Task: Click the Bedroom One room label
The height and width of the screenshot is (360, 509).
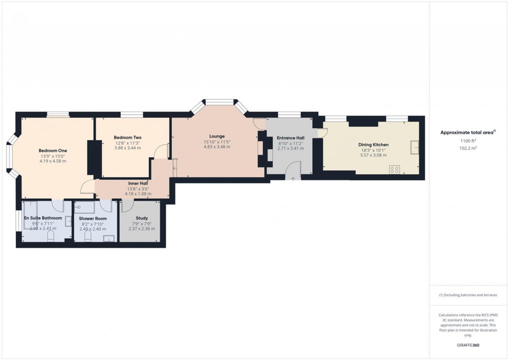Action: [53, 150]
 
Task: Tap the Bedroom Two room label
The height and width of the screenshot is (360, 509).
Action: [127, 137]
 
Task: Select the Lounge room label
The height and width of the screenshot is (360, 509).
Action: [217, 136]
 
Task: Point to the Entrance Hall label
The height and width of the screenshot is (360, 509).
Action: [290, 138]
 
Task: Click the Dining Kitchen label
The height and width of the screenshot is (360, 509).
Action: [373, 145]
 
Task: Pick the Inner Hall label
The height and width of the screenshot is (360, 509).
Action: [138, 183]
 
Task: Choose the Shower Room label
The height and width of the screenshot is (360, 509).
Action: [93, 218]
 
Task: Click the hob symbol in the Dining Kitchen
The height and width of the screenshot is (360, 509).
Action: [395, 169]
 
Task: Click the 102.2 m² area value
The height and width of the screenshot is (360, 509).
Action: [468, 148]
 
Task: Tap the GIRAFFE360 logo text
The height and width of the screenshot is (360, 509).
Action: [468, 345]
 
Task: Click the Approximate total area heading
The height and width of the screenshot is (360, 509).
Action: [467, 132]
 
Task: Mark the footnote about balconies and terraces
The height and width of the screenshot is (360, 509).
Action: [468, 295]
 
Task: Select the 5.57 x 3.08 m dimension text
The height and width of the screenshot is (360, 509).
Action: [373, 155]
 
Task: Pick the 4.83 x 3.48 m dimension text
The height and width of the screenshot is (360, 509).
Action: [217, 146]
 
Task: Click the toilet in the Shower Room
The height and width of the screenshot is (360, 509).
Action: [88, 240]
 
